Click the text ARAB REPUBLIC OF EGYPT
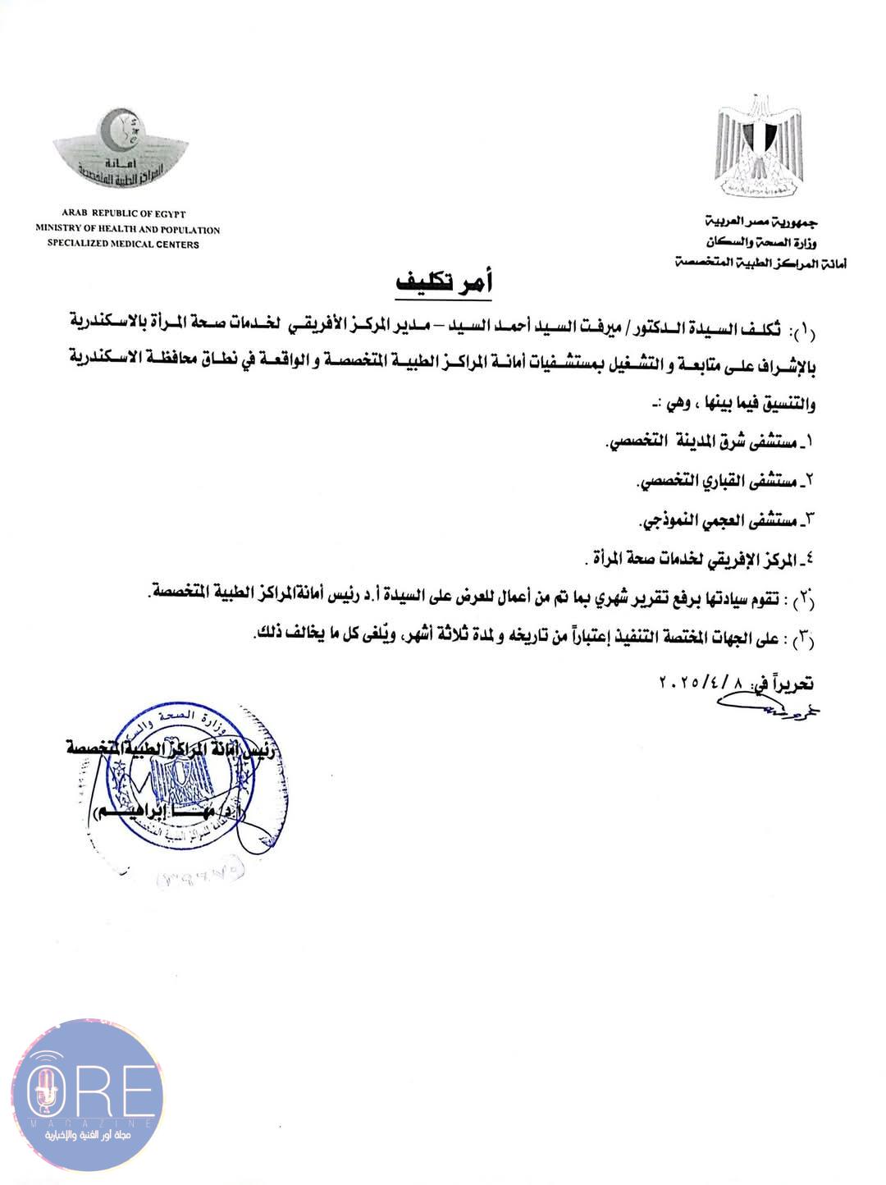111,214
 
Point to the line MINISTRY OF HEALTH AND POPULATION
127,230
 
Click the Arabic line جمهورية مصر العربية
762,222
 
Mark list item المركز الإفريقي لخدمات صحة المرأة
697,560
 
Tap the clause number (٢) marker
800,601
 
